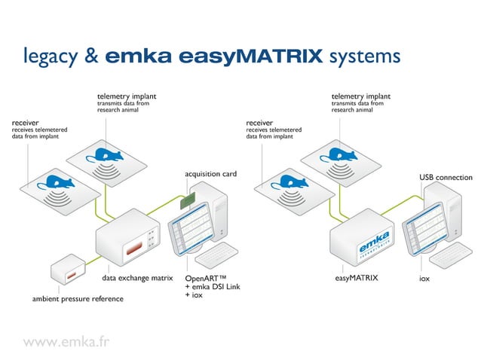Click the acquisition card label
(x=210, y=174)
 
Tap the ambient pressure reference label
(x=78, y=299)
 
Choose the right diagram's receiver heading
(x=259, y=122)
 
